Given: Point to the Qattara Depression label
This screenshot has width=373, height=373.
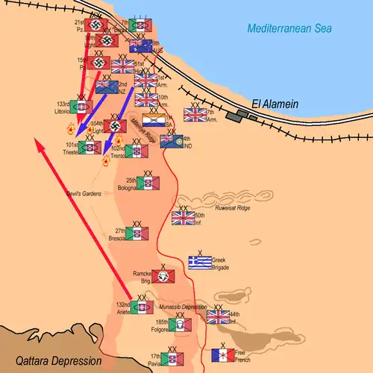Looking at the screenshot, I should pos(51,360).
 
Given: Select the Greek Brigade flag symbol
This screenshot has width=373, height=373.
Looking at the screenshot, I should pos(200,263).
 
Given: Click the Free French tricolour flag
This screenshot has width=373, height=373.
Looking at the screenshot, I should pos(223,355).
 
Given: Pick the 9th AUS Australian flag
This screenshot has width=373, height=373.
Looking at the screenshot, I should pos(141,46).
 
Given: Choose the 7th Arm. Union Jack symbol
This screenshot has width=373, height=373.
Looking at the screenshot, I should pos(195,114).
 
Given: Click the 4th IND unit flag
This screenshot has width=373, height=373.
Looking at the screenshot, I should pos(172,141).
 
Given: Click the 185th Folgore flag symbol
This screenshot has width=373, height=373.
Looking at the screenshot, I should pos(180,325).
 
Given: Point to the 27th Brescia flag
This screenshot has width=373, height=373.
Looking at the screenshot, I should pos(137,233).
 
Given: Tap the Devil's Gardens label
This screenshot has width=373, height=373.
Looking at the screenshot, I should pos(81,192).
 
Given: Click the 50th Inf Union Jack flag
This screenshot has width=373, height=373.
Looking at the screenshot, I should pos(183,218).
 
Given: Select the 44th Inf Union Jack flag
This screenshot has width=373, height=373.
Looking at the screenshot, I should pos(219,317).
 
